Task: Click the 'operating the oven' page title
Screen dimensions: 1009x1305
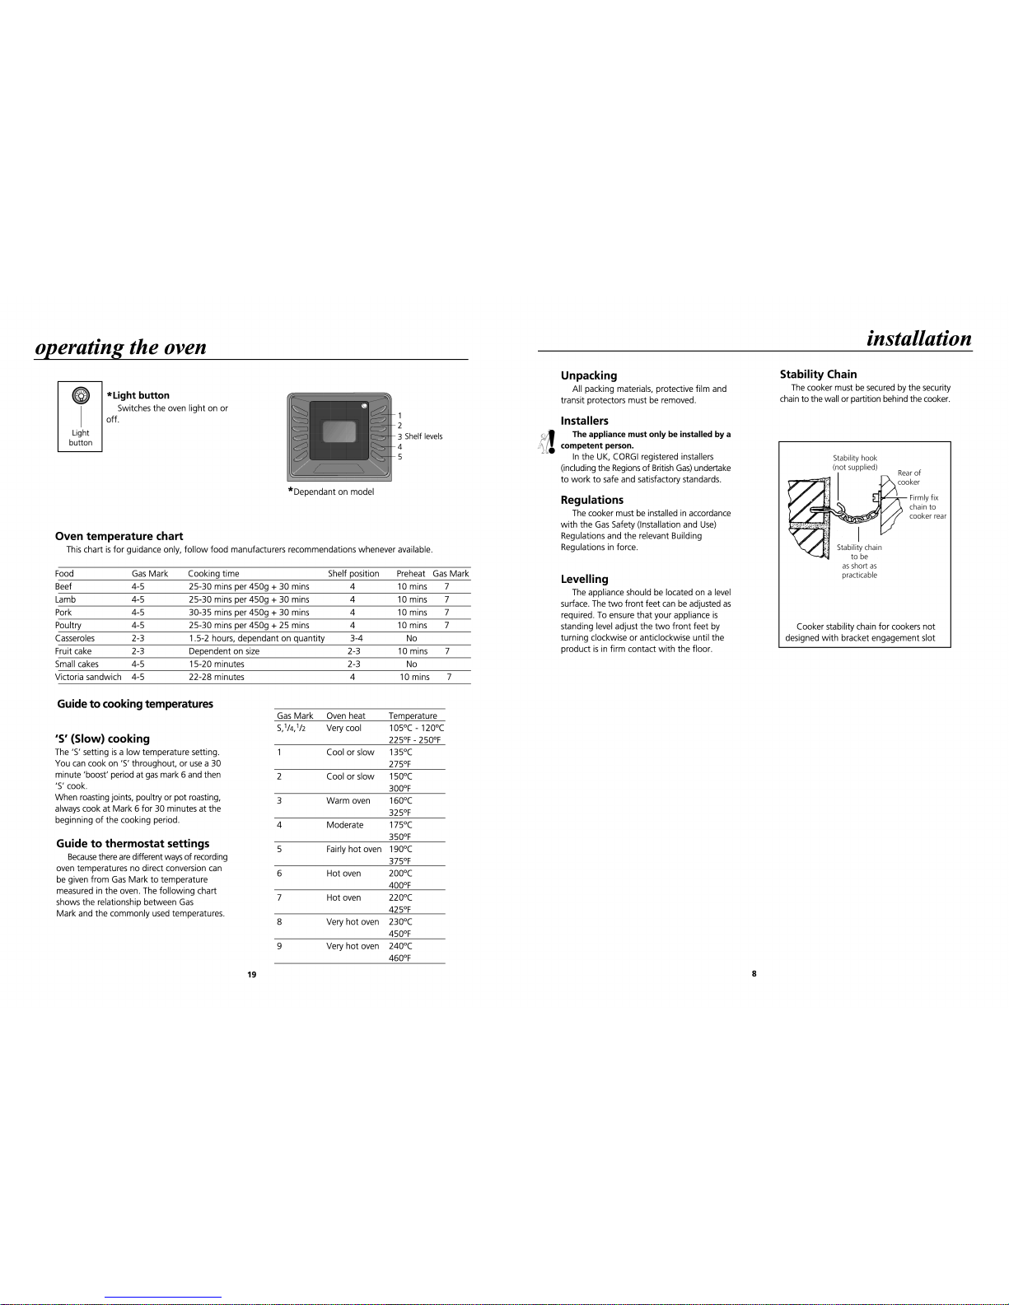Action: [x=121, y=347]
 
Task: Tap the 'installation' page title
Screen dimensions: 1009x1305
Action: [x=919, y=338]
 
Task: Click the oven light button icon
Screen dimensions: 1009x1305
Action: [x=81, y=395]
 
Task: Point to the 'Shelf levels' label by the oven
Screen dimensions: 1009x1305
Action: [x=423, y=436]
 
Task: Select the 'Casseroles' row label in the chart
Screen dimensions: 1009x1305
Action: [x=74, y=638]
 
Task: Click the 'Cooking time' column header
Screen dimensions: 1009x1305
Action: [x=213, y=574]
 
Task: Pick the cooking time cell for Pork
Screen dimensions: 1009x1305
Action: [x=249, y=613]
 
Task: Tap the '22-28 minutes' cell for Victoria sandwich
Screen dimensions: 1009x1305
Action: [x=216, y=677]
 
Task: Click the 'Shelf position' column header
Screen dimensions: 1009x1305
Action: [x=353, y=574]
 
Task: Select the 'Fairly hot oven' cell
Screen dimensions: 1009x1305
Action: [x=353, y=849]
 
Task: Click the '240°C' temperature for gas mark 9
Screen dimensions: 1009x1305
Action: [x=400, y=946]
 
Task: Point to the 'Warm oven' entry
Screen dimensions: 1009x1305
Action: [x=348, y=800]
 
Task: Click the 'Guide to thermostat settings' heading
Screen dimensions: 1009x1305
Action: [x=133, y=843]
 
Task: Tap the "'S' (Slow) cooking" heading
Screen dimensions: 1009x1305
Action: [x=102, y=739]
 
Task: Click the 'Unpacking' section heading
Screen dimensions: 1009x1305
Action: [x=589, y=375]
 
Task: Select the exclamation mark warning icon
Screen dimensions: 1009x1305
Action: [x=551, y=441]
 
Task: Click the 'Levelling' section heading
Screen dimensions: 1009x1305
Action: [x=584, y=579]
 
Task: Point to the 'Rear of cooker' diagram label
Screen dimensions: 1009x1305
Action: [x=909, y=478]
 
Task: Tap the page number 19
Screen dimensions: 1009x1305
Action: [x=252, y=974]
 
